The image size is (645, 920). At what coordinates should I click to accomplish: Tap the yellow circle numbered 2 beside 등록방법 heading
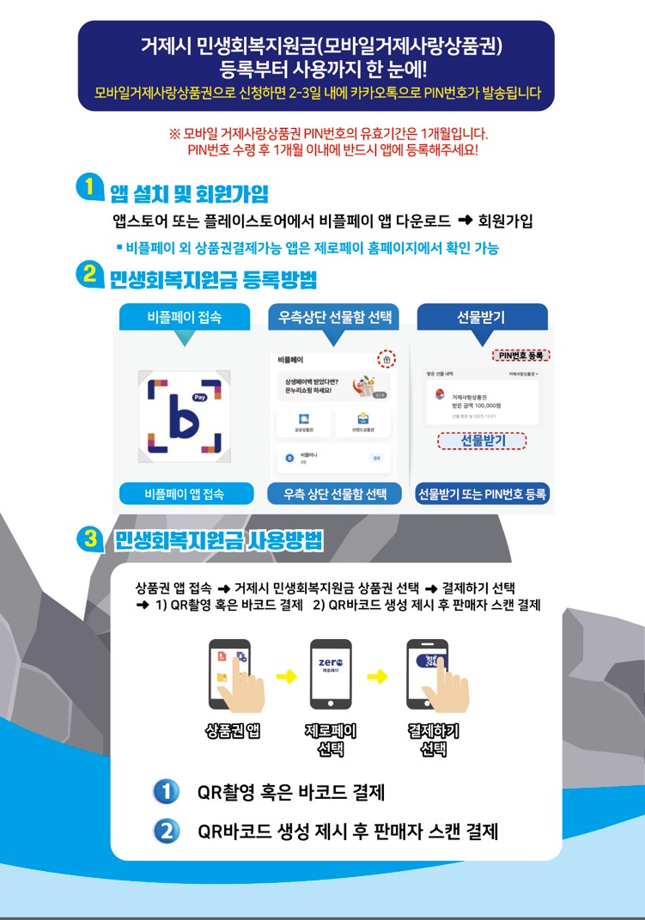[x=89, y=276]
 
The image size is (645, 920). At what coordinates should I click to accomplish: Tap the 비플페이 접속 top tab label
[x=185, y=317]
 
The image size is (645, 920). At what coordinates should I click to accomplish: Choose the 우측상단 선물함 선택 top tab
[x=333, y=317]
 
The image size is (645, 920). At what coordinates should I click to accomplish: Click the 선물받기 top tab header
[x=482, y=317]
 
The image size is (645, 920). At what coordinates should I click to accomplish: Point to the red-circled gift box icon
[x=386, y=360]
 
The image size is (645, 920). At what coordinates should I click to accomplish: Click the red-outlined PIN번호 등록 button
[x=522, y=355]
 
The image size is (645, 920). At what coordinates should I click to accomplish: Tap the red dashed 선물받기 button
[x=482, y=441]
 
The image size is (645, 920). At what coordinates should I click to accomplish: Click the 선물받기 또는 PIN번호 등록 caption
[x=482, y=494]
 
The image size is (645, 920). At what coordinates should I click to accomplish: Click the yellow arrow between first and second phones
[x=284, y=677]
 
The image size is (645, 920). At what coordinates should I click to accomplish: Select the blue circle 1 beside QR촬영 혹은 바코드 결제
[x=166, y=791]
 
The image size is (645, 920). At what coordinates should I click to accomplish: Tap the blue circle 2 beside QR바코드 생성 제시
[x=166, y=831]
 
